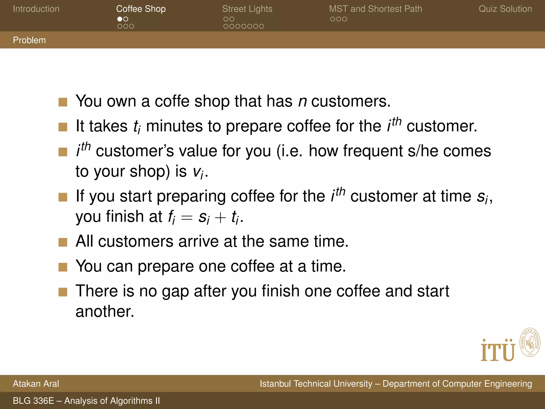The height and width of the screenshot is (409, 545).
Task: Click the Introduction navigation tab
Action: tap(36, 9)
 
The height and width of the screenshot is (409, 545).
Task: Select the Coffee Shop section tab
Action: tap(141, 9)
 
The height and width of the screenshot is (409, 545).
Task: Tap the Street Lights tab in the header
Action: tap(247, 9)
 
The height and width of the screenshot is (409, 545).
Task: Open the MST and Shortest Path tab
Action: tap(375, 9)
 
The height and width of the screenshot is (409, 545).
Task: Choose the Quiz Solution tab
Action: tap(505, 9)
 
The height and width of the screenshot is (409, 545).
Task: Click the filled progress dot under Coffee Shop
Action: tap(120, 19)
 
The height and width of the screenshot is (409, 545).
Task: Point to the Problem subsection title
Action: tap(29, 40)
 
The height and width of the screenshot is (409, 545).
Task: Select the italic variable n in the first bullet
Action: tap(302, 101)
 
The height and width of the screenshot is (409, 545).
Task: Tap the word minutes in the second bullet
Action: tap(174, 126)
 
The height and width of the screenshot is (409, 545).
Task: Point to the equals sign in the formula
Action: tap(187, 218)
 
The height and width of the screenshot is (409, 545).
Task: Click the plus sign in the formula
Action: tap(220, 218)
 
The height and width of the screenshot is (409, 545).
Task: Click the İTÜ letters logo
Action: tap(498, 351)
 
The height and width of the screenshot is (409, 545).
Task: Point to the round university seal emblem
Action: tap(530, 342)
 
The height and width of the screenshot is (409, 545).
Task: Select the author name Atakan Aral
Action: tap(36, 384)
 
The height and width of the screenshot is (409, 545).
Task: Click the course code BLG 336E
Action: tap(33, 401)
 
